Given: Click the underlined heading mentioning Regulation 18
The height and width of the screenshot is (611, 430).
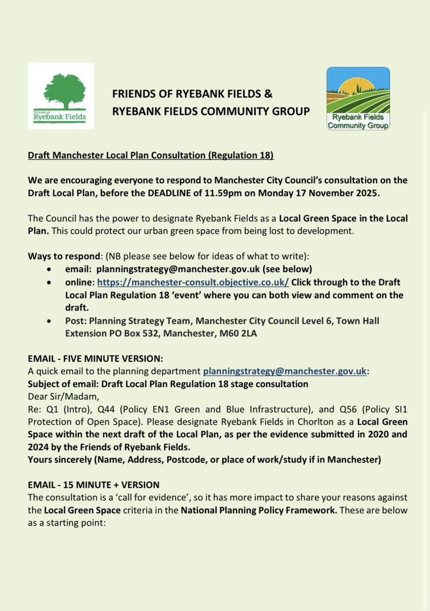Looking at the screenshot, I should pyautogui.click(x=150, y=155).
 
